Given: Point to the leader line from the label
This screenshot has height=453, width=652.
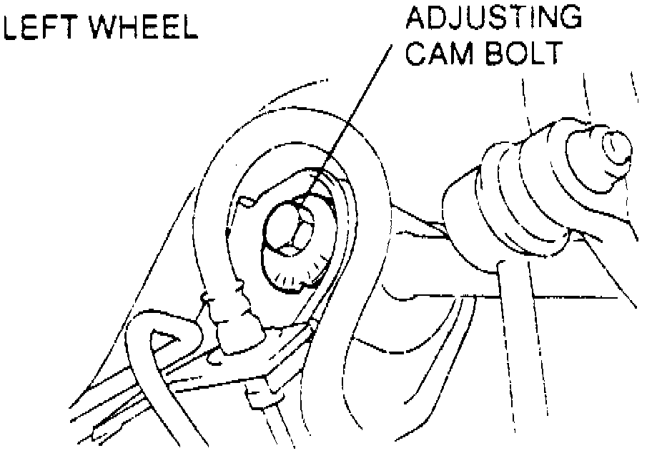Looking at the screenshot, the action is click(x=354, y=114).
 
